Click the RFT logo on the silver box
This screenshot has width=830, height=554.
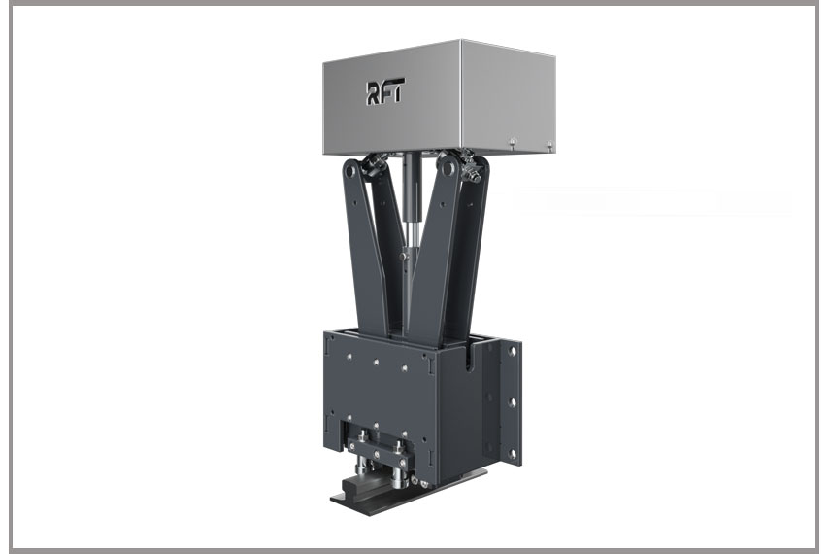click(x=385, y=90)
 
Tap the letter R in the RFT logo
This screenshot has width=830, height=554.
click(x=373, y=93)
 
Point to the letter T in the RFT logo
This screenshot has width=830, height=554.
click(x=398, y=89)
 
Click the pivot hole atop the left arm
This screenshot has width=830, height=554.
click(x=351, y=171)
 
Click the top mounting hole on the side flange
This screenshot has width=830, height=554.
click(x=512, y=352)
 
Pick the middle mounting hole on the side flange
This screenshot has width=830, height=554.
click(x=512, y=403)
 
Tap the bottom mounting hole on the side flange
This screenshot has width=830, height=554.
click(x=512, y=454)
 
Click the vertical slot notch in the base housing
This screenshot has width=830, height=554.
click(x=470, y=358)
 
